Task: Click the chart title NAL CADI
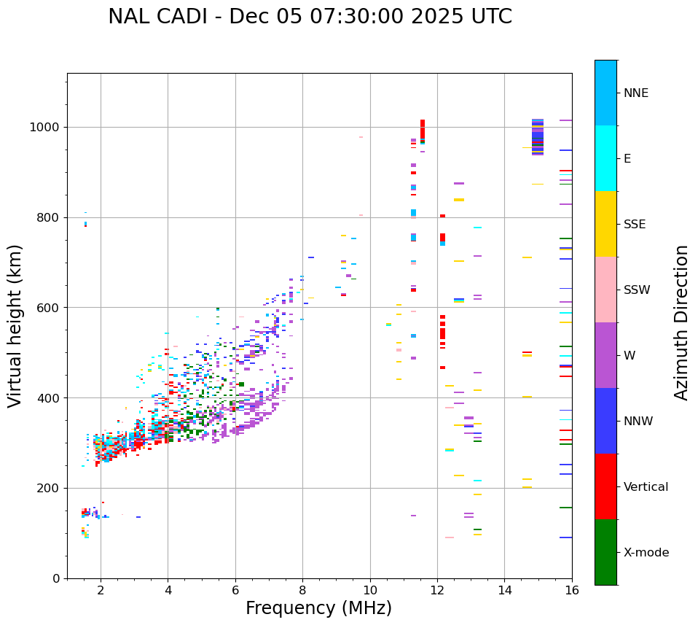click(x=310, y=17)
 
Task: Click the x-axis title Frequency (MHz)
click(x=318, y=608)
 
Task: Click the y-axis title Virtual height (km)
click(x=15, y=325)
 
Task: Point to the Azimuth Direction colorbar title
click(x=681, y=322)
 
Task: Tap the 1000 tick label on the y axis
click(x=45, y=127)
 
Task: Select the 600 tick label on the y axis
click(x=48, y=308)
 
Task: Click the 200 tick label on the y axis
click(x=48, y=488)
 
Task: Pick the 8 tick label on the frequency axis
click(x=302, y=590)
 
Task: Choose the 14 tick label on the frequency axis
click(x=504, y=590)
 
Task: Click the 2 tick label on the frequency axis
click(x=101, y=590)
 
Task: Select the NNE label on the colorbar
click(x=635, y=93)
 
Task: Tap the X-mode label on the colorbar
click(x=646, y=553)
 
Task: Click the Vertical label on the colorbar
click(x=646, y=487)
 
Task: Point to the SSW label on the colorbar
click(x=636, y=290)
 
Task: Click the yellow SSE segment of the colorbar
click(x=605, y=224)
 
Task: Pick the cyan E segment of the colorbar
click(x=605, y=158)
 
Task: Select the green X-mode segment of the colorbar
click(x=605, y=552)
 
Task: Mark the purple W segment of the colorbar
click(x=605, y=355)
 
